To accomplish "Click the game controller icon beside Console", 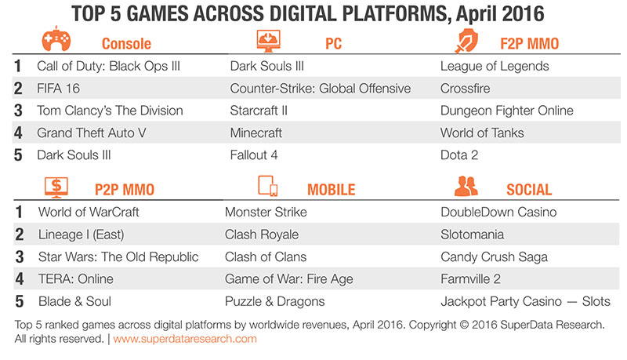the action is [56, 39].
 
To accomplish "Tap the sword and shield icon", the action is [466, 41].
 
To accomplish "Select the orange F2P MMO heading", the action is [530, 44].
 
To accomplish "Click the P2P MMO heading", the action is [125, 190].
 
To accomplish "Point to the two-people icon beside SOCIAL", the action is [466, 186].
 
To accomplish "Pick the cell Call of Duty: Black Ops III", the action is [108, 66].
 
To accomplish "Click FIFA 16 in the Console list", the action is [58, 89].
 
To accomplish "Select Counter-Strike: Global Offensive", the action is [321, 89].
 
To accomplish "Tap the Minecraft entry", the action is [256, 133].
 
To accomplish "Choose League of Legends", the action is [495, 66].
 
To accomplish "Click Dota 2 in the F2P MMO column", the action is [459, 155].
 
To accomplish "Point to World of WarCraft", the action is [89, 212].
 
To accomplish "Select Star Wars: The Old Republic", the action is [118, 256].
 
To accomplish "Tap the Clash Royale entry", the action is [262, 235].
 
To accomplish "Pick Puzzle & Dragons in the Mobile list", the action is [275, 302].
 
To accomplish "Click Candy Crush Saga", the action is [495, 256].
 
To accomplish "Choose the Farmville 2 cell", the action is [471, 279].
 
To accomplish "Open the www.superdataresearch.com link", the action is [185, 339].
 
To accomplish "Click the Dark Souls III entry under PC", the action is [266, 66].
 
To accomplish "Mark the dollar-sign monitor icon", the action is [56, 187].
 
